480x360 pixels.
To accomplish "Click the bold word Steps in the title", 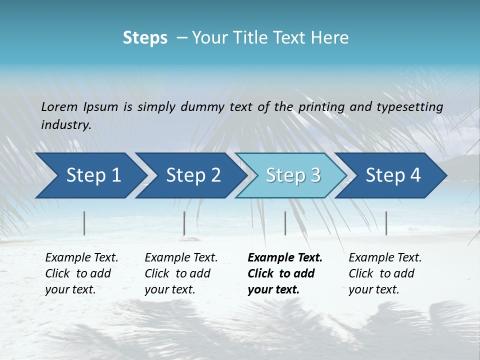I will [145, 38].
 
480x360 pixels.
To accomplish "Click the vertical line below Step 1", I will [84, 223].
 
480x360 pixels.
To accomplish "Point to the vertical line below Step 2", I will [184, 223].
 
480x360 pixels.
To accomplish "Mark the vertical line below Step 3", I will [285, 223].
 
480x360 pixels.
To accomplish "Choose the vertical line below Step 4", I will [386, 223].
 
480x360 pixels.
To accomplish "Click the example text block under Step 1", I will [81, 273].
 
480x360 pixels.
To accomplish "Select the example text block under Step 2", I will [180, 273].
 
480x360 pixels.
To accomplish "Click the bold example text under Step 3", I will [284, 273].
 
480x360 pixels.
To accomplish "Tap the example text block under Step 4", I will [384, 273].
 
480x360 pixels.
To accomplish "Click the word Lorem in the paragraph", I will [59, 107].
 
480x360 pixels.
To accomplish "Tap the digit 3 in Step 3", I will [315, 175].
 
